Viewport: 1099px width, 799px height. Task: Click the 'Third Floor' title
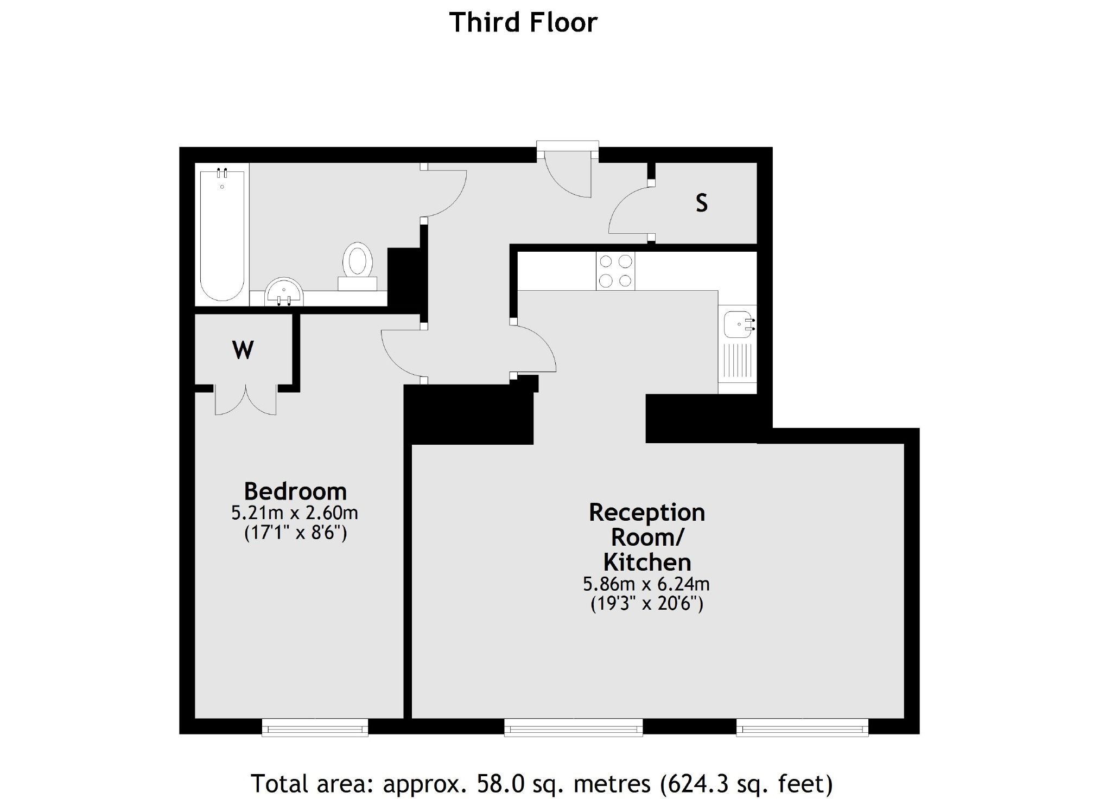pyautogui.click(x=523, y=23)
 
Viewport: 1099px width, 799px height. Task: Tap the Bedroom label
pyautogui.click(x=295, y=491)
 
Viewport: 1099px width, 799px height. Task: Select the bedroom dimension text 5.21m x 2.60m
pyautogui.click(x=295, y=513)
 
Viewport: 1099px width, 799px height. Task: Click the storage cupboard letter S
pyautogui.click(x=702, y=203)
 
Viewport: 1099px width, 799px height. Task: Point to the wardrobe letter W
pyautogui.click(x=243, y=350)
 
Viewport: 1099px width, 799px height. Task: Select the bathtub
pyautogui.click(x=221, y=233)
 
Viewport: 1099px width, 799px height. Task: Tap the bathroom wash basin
pyautogui.click(x=284, y=293)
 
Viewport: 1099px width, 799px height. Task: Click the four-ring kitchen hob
pyautogui.click(x=615, y=271)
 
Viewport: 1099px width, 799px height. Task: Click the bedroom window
pyautogui.click(x=315, y=727)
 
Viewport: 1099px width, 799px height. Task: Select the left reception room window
pyautogui.click(x=573, y=727)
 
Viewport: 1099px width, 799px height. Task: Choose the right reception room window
pyautogui.click(x=802, y=727)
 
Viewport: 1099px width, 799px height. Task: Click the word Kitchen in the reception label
pyautogui.click(x=647, y=563)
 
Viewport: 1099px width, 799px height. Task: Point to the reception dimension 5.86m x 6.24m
pyautogui.click(x=646, y=584)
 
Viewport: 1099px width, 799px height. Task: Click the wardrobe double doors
pyautogui.click(x=245, y=401)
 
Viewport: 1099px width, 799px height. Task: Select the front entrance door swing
pyautogui.click(x=567, y=176)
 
